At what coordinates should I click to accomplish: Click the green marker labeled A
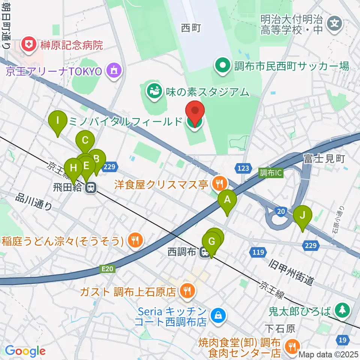click(x=227, y=200)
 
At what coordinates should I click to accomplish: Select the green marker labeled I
click(x=58, y=121)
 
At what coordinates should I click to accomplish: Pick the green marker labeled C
click(x=85, y=141)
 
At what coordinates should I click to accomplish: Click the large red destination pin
click(x=195, y=111)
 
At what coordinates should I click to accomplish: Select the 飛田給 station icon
click(x=90, y=188)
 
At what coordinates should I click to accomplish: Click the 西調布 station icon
click(x=205, y=253)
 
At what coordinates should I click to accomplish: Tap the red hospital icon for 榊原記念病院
click(x=28, y=45)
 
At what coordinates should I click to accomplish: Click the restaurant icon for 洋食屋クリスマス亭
click(x=219, y=184)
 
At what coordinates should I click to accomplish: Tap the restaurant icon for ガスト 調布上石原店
click(x=186, y=291)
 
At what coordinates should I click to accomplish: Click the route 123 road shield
click(x=243, y=168)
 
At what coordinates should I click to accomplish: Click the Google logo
click(x=25, y=351)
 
